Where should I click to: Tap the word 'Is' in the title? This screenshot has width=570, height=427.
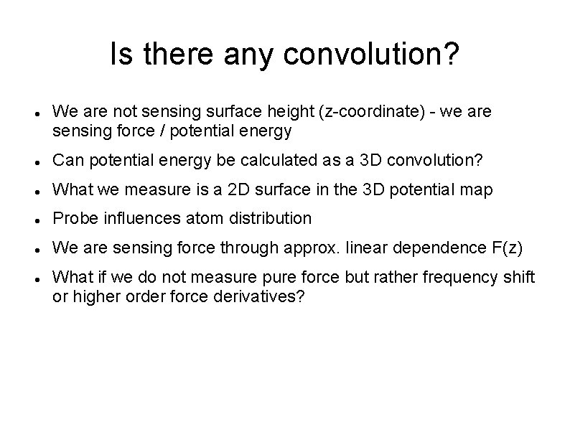pyautogui.click(x=121, y=55)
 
